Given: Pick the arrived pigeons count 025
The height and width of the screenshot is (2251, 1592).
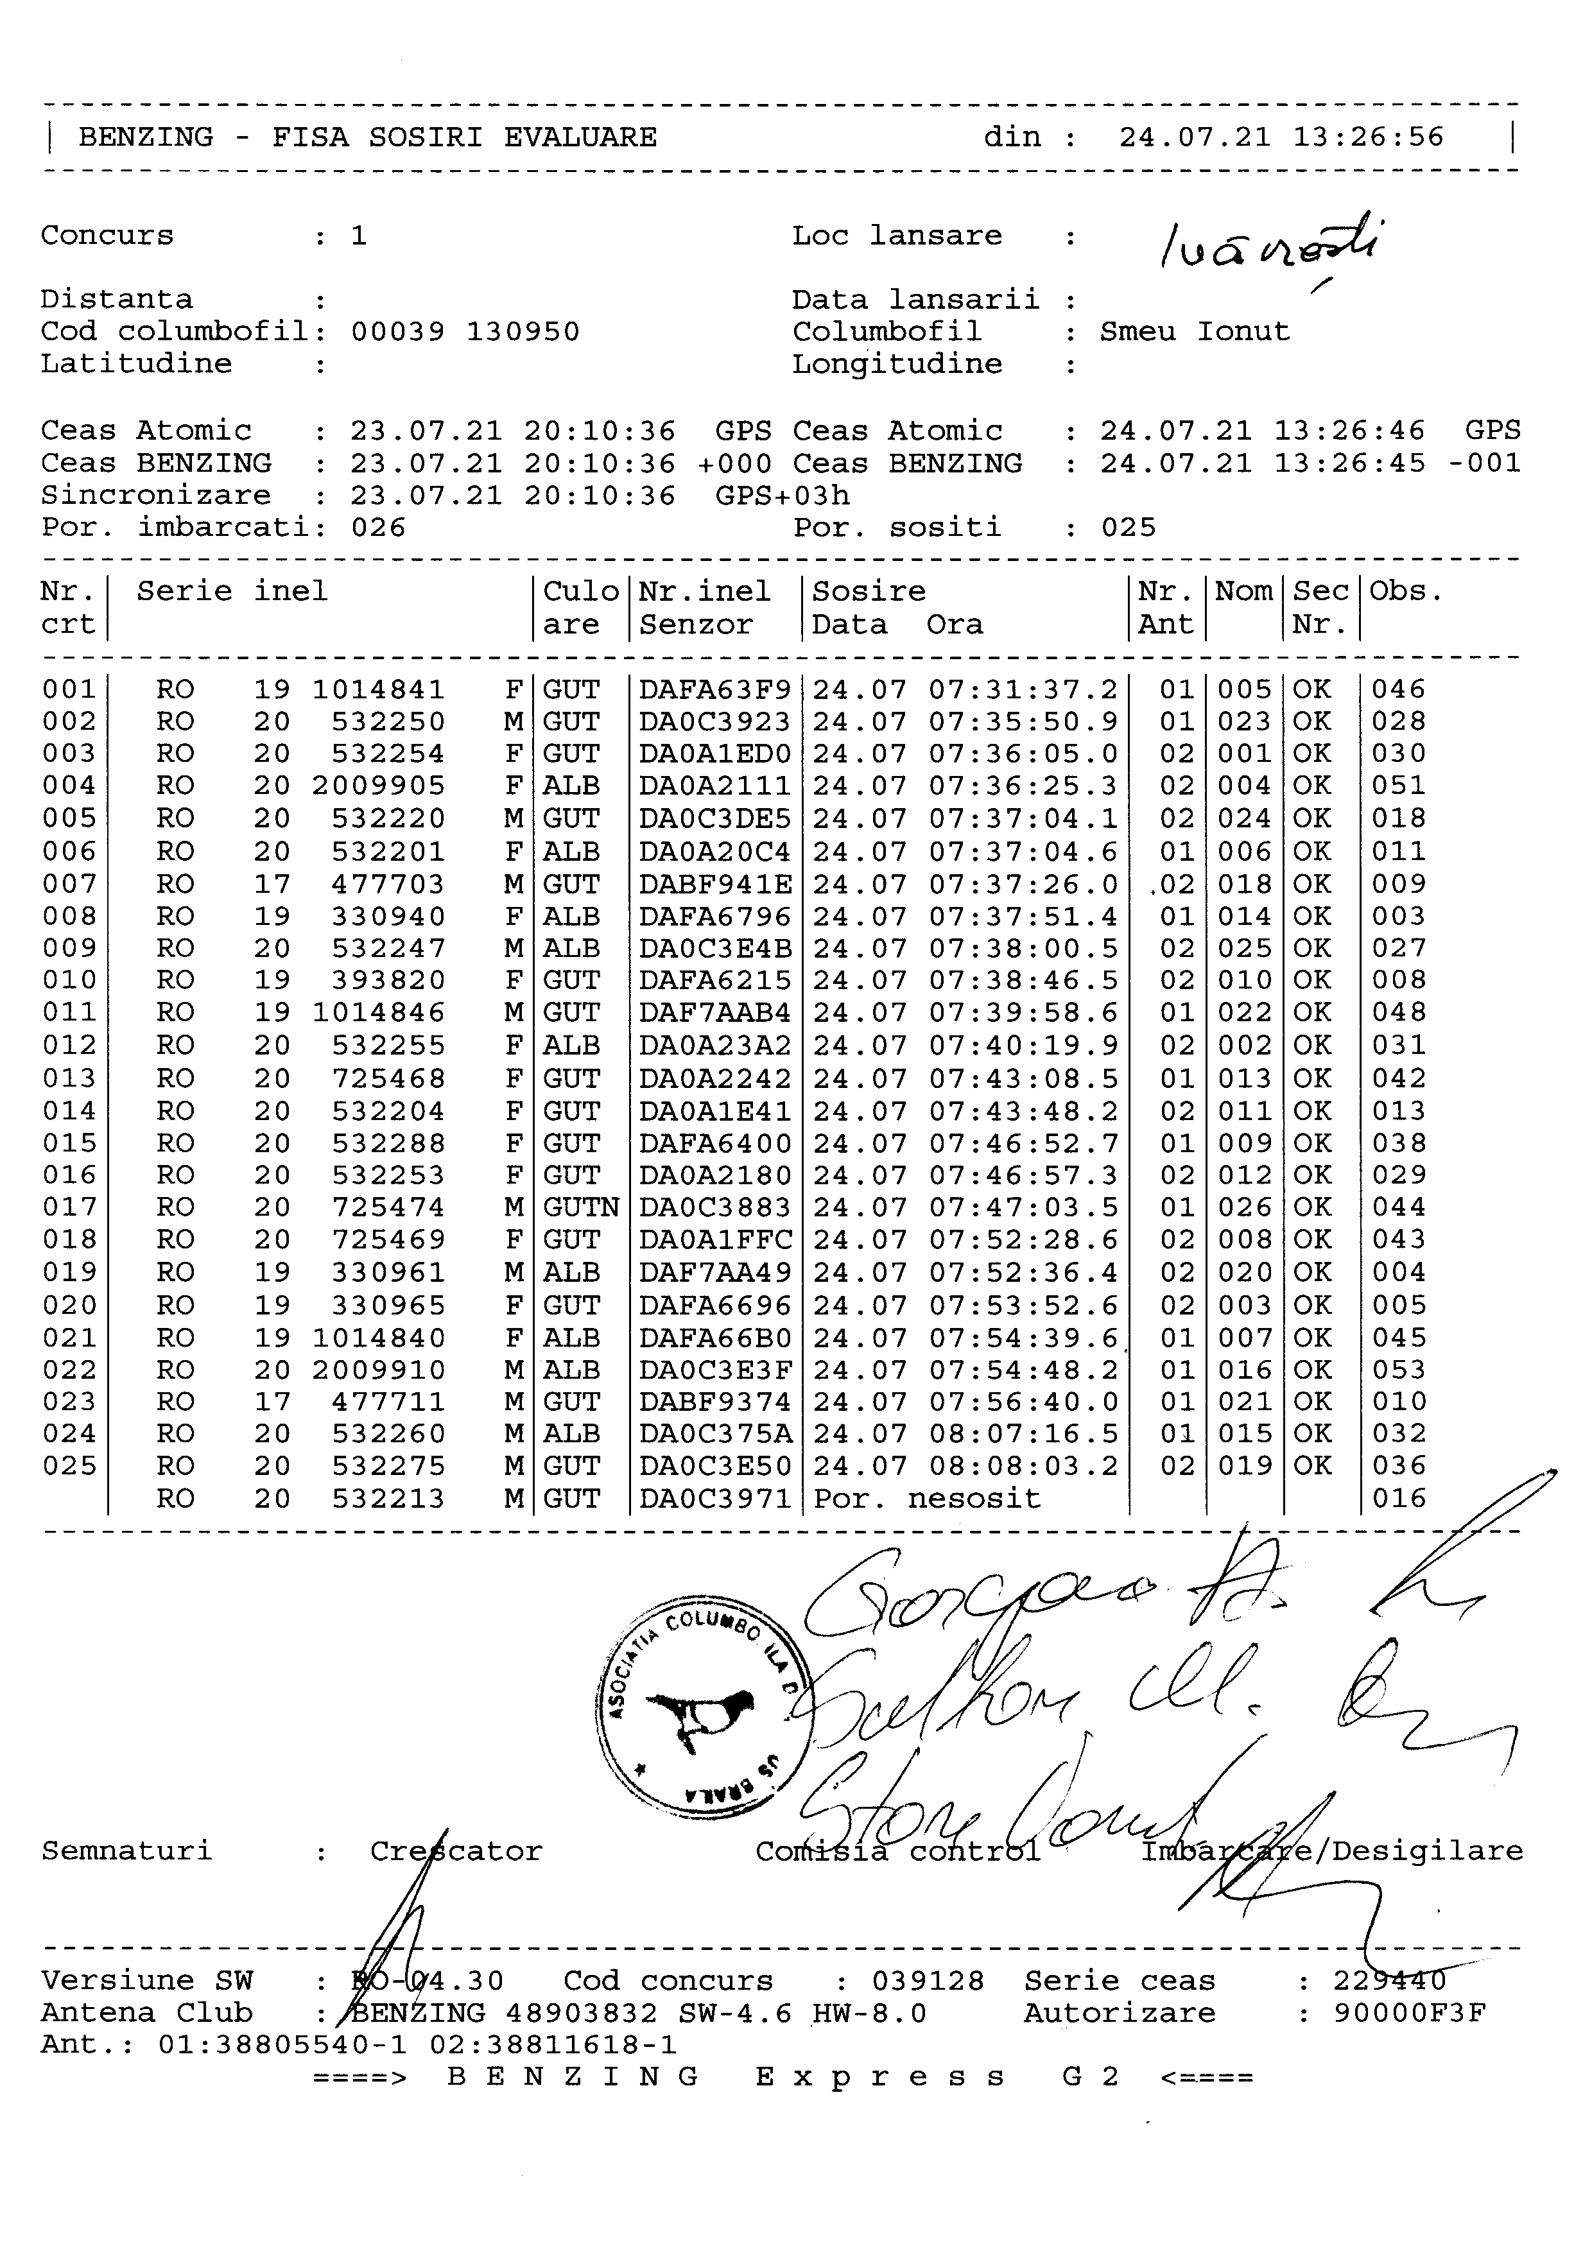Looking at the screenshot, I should click(x=1129, y=528).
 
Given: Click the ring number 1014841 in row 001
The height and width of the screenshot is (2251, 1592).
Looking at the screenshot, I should click(x=378, y=689).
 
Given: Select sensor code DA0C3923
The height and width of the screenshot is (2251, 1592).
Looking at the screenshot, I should click(x=714, y=721).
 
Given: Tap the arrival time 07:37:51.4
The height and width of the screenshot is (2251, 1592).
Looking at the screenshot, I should click(x=1023, y=917).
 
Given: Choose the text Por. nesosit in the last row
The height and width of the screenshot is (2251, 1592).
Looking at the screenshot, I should click(x=926, y=1498).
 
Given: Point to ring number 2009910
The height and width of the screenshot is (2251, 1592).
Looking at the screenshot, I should click(x=378, y=1370).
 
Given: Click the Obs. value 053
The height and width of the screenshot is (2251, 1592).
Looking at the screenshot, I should click(x=1399, y=1370).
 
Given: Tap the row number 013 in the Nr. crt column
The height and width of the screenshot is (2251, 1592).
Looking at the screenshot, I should click(x=69, y=1078).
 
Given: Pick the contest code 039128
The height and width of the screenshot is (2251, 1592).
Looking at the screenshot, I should click(x=928, y=1981).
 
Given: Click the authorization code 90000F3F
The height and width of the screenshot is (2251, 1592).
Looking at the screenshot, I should click(x=1410, y=2014).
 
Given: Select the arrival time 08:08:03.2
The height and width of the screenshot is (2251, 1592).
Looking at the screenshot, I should click(x=1023, y=1466).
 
